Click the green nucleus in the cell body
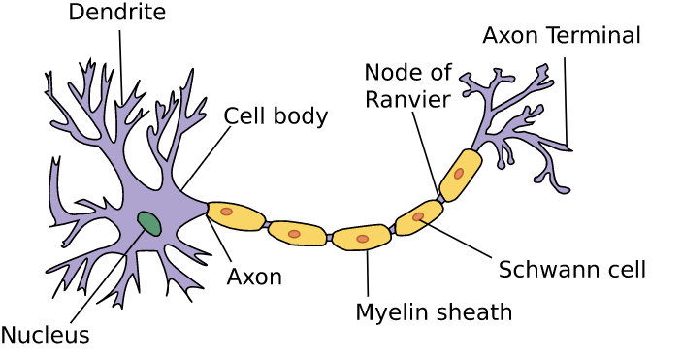[149, 223]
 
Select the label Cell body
[276, 116]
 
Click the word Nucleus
[45, 336]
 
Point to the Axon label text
[254, 277]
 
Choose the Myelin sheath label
[433, 312]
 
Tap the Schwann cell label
[571, 269]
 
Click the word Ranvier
[407, 100]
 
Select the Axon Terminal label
[562, 36]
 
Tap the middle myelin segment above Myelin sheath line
[361, 237]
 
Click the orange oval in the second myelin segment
[294, 234]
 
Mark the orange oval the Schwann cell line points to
[418, 217]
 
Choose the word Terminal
[595, 36]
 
